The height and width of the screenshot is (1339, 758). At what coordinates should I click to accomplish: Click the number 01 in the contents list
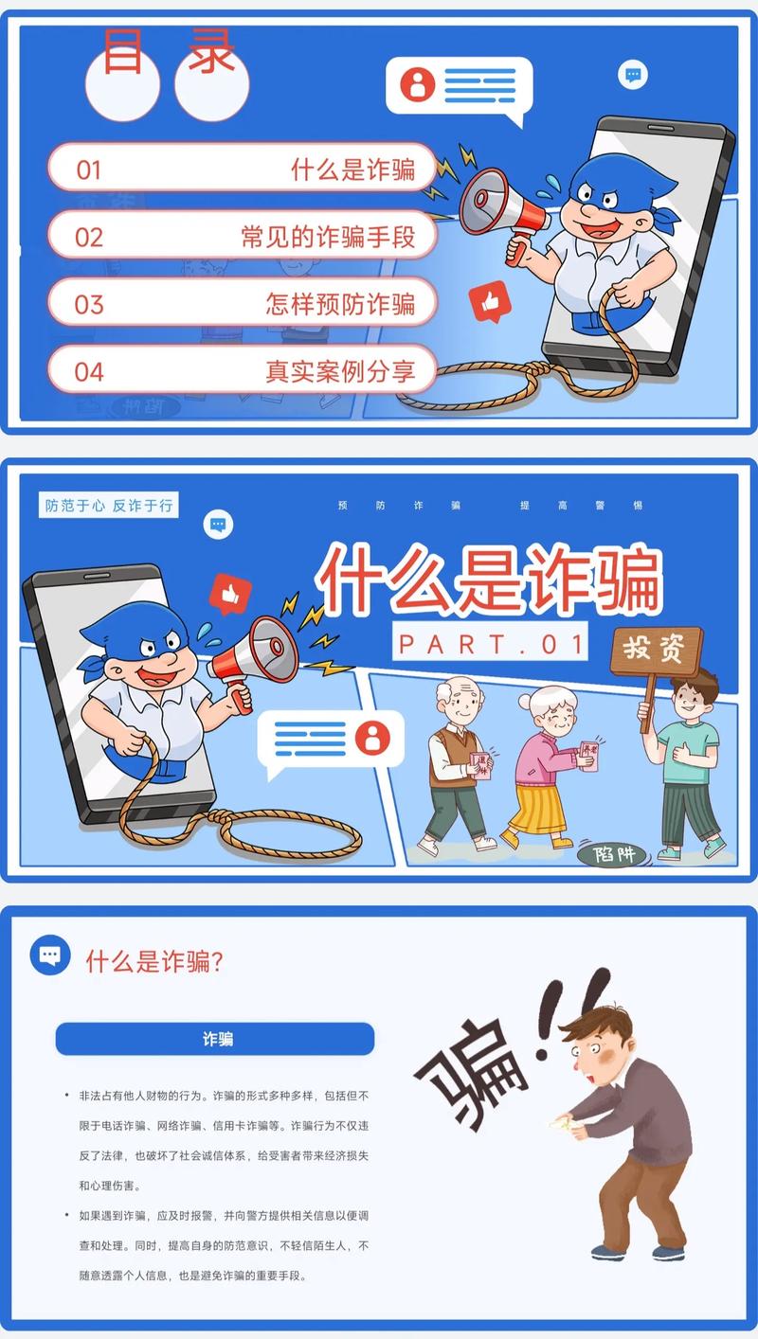point(88,170)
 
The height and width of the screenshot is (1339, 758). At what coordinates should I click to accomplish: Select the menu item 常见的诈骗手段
point(328,237)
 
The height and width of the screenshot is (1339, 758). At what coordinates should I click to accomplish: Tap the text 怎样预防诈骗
point(340,304)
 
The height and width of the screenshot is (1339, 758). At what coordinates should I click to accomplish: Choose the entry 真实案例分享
point(340,371)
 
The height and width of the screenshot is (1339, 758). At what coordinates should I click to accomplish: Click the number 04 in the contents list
point(88,371)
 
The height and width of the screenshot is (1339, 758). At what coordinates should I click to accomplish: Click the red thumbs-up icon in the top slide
point(490,301)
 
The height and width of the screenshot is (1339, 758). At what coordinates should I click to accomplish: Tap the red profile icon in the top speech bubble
point(417,85)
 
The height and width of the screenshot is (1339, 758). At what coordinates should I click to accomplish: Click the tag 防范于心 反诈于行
point(110,506)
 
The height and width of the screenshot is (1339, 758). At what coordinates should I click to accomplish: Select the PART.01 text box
point(490,643)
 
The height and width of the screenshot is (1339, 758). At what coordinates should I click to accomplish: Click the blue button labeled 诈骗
point(215,1039)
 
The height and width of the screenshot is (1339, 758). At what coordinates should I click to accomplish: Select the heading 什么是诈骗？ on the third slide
point(154,962)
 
